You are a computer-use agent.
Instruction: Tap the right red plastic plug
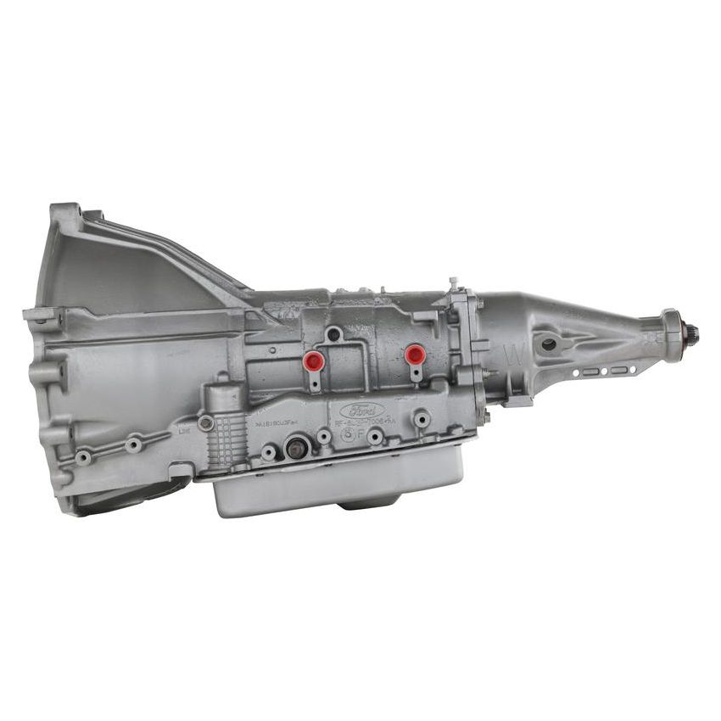[414, 354]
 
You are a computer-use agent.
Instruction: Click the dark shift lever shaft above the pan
[295, 448]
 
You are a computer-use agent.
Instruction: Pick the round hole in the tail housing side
[549, 344]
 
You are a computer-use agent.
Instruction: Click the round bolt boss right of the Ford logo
[422, 420]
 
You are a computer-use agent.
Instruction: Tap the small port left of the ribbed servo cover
[205, 422]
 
